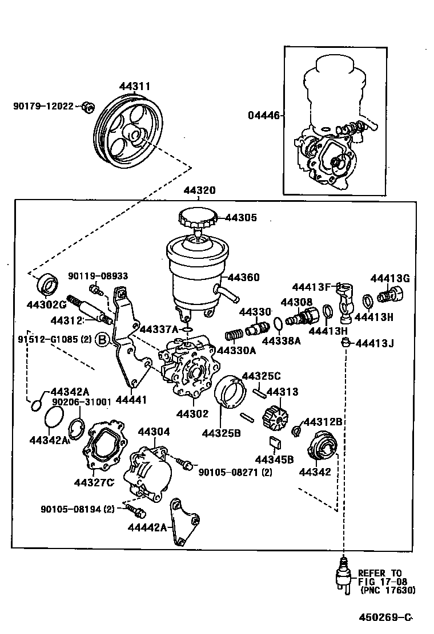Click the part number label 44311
pyautogui.click(x=135, y=87)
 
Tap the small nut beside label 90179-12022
pyautogui.click(x=87, y=106)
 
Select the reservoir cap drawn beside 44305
pyautogui.click(x=198, y=218)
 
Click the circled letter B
pyautogui.click(x=101, y=340)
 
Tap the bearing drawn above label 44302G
pyautogui.click(x=46, y=283)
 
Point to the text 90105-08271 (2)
pyautogui.click(x=235, y=472)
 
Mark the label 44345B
pyautogui.click(x=274, y=460)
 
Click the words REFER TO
pyautogui.click(x=380, y=573)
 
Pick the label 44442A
pyautogui.click(x=147, y=527)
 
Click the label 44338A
pyautogui.click(x=281, y=341)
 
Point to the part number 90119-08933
pyautogui.click(x=98, y=276)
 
